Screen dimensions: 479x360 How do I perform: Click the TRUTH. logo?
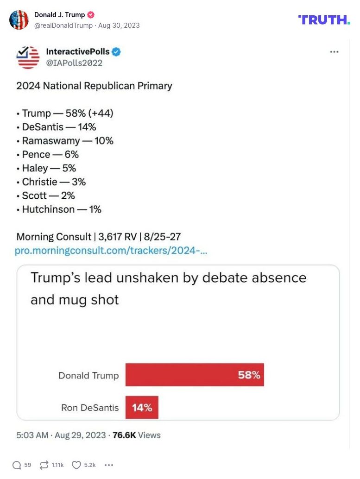click(x=324, y=19)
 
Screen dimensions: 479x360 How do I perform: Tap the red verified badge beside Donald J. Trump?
click(x=91, y=15)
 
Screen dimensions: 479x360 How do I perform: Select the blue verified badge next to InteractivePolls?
click(x=116, y=52)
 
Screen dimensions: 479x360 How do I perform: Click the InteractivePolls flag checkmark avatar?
click(x=28, y=57)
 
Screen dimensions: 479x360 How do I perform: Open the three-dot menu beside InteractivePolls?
click(x=334, y=52)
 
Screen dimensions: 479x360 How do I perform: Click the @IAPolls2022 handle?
click(x=74, y=63)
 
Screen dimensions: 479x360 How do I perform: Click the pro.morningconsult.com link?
click(x=111, y=251)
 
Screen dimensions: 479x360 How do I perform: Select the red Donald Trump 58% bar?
click(x=195, y=375)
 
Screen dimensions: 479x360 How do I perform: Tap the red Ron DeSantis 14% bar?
click(x=142, y=407)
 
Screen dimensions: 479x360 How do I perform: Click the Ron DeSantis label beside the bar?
click(x=90, y=408)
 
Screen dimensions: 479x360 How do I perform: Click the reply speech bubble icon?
click(x=17, y=465)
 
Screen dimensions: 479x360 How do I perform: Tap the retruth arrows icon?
click(x=44, y=465)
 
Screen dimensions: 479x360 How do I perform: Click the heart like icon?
click(x=76, y=465)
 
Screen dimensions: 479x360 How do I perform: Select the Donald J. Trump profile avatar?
click(x=19, y=20)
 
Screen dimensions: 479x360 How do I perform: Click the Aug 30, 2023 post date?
click(x=119, y=25)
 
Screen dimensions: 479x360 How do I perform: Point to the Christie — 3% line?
click(x=54, y=182)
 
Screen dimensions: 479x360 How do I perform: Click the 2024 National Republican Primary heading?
click(x=94, y=86)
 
